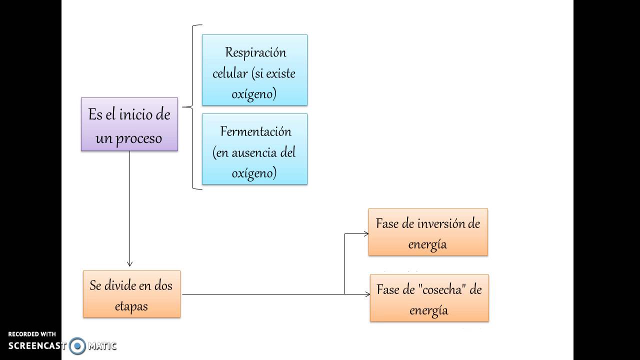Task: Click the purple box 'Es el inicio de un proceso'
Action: pyautogui.click(x=129, y=124)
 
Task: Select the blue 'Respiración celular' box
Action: pyautogui.click(x=254, y=70)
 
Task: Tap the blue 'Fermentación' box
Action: pyautogui.click(x=254, y=149)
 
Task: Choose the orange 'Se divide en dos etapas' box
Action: pyautogui.click(x=131, y=294)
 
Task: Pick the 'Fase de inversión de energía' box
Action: pyautogui.click(x=428, y=232)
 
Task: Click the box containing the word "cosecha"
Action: pyautogui.click(x=429, y=298)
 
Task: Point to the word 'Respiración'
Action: pyautogui.click(x=255, y=52)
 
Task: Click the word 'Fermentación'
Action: pyautogui.click(x=255, y=131)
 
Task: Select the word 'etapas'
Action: pyautogui.click(x=131, y=306)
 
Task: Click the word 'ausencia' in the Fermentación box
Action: pyautogui.click(x=252, y=152)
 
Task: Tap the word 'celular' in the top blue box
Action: pyautogui.click(x=230, y=73)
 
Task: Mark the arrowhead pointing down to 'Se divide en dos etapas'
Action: pyautogui.click(x=130, y=263)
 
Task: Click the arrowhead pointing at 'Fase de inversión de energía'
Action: pyautogui.click(x=365, y=233)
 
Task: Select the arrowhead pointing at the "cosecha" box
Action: pyautogui.click(x=367, y=294)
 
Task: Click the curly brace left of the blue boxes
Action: pyautogui.click(x=192, y=107)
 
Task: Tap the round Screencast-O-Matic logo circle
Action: pyautogui.click(x=77, y=345)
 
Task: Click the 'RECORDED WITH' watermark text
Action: pyautogui.click(x=32, y=334)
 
